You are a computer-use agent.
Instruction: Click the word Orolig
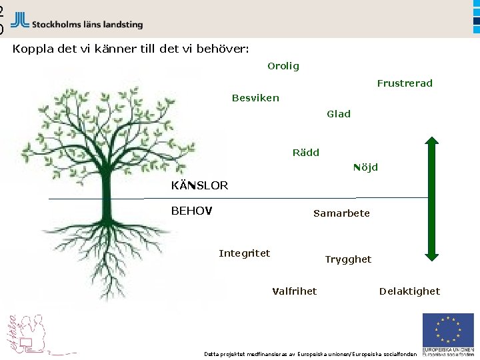(283, 66)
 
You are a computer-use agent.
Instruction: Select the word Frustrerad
(405, 83)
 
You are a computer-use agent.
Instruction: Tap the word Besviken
(255, 98)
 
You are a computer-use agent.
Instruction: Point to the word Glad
(339, 114)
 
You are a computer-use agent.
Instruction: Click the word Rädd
(306, 153)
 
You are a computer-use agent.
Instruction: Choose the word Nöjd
(365, 167)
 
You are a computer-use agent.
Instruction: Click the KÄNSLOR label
(199, 185)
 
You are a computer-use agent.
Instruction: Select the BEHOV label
(191, 211)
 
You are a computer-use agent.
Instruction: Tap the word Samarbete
(341, 213)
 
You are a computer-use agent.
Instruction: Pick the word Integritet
(245, 253)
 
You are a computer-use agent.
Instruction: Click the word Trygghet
(348, 259)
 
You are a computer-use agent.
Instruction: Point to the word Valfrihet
(295, 291)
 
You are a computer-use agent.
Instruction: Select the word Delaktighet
(409, 291)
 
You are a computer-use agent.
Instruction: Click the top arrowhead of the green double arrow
(432, 143)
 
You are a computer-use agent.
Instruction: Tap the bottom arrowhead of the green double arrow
(432, 253)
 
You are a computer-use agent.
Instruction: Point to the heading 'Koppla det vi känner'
(131, 49)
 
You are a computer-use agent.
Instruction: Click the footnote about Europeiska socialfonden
(310, 353)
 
